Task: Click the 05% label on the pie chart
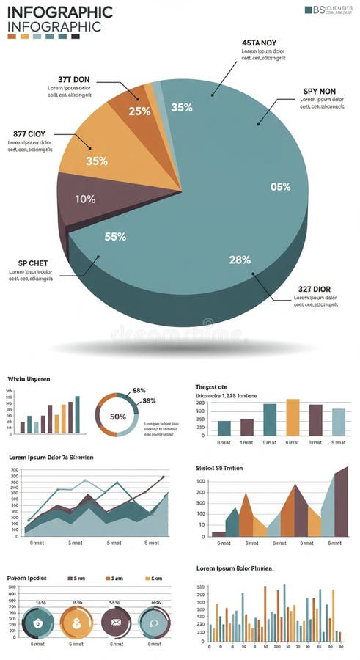point(280,187)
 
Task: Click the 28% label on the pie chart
point(240,260)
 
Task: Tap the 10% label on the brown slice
point(85,199)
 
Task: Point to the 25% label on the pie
point(139,111)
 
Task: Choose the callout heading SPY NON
point(319,92)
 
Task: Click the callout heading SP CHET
point(33,263)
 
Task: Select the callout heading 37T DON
point(73,78)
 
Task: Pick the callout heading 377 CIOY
point(29,134)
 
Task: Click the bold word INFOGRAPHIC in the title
point(60,12)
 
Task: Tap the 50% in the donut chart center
point(117,416)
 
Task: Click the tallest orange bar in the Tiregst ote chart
point(293,417)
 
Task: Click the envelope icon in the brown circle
point(115,623)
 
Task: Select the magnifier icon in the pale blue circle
point(155,623)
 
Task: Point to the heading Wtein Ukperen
point(29,379)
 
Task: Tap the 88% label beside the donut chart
point(139,391)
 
